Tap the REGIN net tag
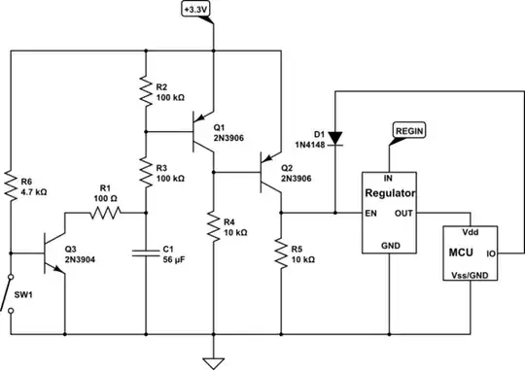click(407, 129)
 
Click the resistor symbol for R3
click(145, 172)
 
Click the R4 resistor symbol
click(212, 228)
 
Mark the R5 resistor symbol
click(280, 250)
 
